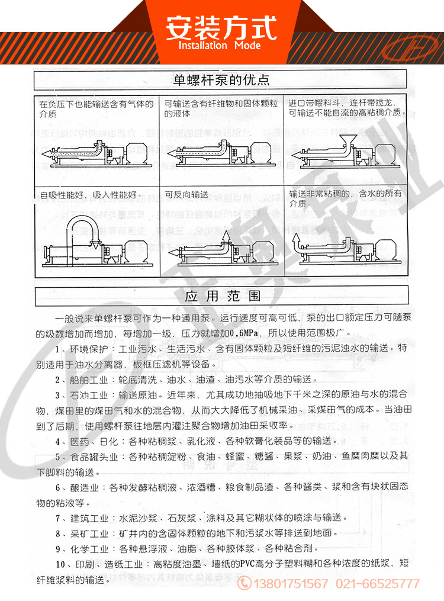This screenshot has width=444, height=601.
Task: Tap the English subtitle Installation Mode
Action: (x=220, y=46)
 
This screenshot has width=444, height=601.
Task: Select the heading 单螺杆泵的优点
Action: (x=221, y=79)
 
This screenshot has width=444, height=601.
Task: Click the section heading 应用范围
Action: (x=222, y=295)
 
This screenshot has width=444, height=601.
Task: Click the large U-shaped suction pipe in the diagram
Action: (x=81, y=228)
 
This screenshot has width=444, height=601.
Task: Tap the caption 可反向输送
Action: (x=186, y=194)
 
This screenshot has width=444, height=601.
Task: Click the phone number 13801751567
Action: (x=291, y=583)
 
